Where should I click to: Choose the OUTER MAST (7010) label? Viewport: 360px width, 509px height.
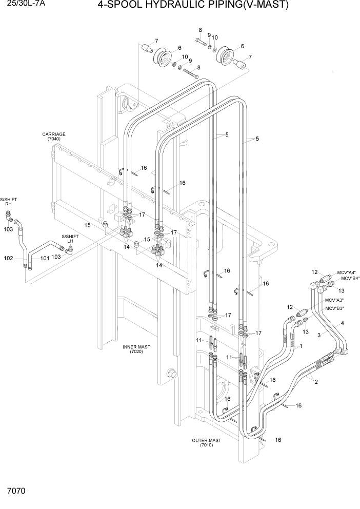[x=207, y=443]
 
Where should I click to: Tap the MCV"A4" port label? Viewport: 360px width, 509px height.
[x=348, y=272]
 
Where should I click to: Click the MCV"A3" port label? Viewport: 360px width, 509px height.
[x=335, y=300]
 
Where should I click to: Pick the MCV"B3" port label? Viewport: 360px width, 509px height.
[x=335, y=308]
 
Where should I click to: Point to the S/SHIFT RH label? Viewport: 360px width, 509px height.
[x=8, y=201]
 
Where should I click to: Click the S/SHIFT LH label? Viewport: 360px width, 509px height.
[x=70, y=239]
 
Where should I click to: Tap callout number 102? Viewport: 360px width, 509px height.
[x=8, y=258]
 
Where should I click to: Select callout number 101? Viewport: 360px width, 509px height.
[x=45, y=258]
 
